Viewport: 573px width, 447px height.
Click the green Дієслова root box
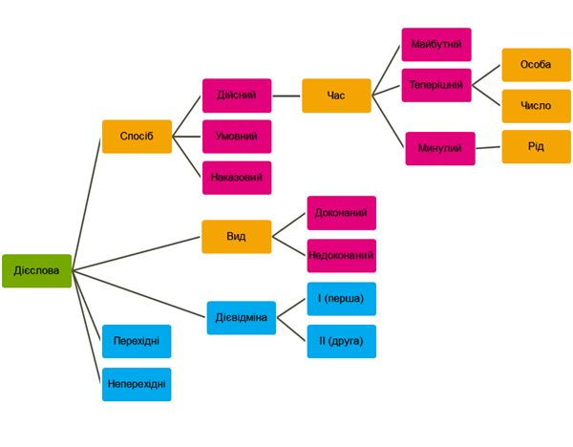coord(36,270)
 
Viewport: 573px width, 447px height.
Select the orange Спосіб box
coord(137,137)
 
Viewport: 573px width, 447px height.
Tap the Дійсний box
coord(237,96)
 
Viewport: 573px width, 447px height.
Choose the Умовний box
coord(237,137)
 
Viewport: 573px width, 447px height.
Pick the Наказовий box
coord(237,178)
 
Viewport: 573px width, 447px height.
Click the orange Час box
coord(336,96)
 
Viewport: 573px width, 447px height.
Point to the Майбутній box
coord(436,45)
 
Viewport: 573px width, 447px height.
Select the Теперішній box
coord(436,85)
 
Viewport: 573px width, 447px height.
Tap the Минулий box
coord(440,149)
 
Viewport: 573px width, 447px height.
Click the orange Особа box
coord(536,65)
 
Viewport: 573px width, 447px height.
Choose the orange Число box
coord(536,106)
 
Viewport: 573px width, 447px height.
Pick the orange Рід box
coord(536,147)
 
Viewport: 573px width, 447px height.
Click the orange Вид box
coord(236,237)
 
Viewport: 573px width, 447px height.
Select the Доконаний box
coord(341,213)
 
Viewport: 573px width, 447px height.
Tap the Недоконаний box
coord(341,256)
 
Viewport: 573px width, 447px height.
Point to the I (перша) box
coord(341,299)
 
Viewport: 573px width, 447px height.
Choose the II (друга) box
coord(341,341)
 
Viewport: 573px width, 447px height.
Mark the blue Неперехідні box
coord(137,384)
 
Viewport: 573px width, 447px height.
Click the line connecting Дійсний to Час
coord(286,96)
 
